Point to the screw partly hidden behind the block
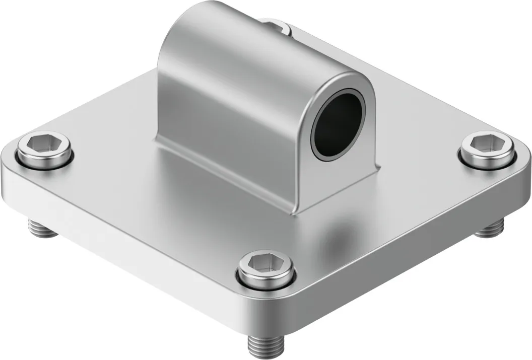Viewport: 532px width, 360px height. coord(276,26)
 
